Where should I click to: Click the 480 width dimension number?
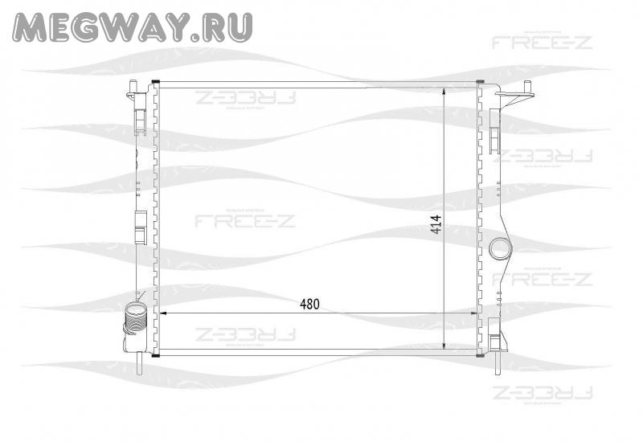(310, 304)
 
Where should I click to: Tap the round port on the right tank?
(500, 248)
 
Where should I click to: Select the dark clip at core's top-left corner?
(156, 82)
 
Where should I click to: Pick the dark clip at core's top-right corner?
(481, 82)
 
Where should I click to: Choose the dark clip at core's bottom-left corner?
(156, 353)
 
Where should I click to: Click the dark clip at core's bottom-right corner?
(481, 353)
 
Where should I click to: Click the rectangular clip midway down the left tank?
(139, 226)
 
